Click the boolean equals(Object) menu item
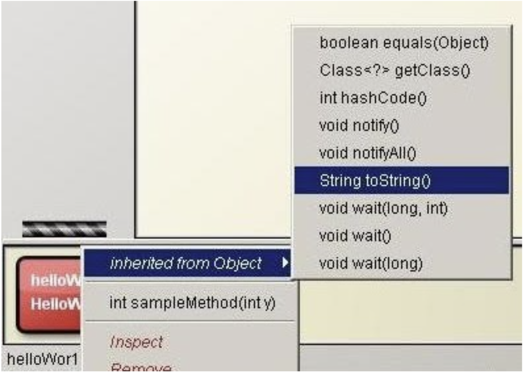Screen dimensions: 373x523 coord(404,43)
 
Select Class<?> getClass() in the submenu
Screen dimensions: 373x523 coord(394,70)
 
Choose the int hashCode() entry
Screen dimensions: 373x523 coord(373,98)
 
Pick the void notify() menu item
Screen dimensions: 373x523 coord(359,125)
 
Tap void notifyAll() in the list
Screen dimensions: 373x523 coord(367,153)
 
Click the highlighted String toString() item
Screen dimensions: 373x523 coord(375,181)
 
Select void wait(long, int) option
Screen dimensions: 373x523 coord(383,208)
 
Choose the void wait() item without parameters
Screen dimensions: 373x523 coord(355,236)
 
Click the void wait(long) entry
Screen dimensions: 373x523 coord(371,263)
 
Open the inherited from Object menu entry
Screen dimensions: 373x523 coord(186,263)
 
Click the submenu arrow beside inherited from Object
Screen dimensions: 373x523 coord(285,263)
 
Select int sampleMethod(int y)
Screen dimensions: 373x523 coord(192,303)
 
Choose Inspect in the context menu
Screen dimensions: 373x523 coord(136,342)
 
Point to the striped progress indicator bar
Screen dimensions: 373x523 coord(64,229)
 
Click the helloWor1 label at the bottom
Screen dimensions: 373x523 coord(42,359)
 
